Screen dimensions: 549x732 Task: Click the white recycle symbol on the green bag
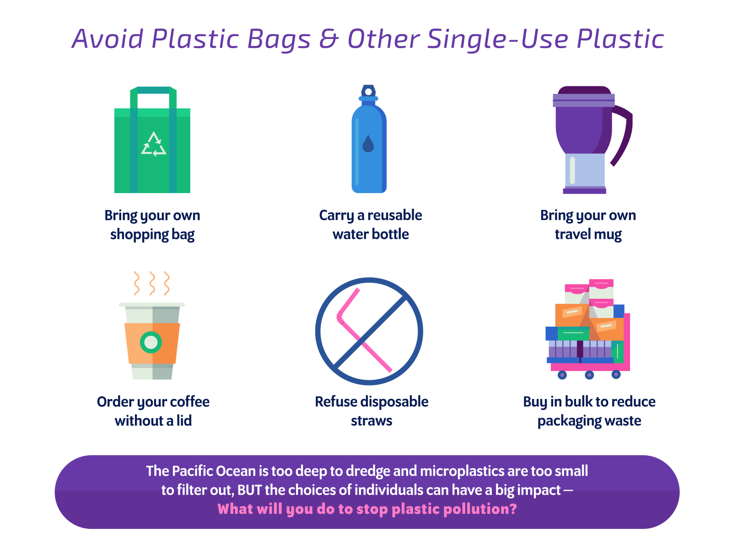point(154,144)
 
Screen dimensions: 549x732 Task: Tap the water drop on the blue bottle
point(368,144)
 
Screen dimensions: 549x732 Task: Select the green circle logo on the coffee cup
point(151,342)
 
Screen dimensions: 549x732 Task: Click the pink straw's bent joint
point(339,317)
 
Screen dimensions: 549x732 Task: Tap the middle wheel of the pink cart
point(589,375)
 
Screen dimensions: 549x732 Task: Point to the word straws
point(371,421)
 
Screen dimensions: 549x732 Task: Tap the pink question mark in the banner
point(513,509)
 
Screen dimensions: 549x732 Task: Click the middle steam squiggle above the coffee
point(152,283)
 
